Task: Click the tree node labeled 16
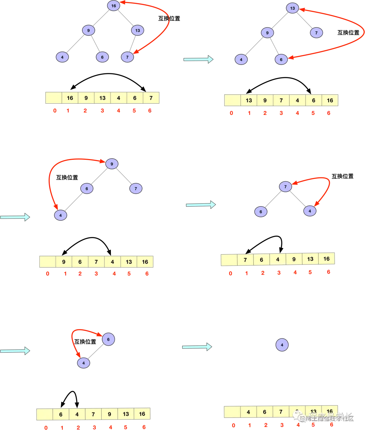114,6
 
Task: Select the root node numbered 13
292,8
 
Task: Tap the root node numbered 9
112,164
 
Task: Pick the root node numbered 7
286,186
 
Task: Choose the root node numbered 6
108,339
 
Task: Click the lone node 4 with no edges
282,345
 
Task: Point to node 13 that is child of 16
138,30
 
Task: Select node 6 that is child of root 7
261,212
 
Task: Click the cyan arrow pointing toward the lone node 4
197,347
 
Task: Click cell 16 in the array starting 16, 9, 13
70,98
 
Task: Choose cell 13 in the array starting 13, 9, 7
249,100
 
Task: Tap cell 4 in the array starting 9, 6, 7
113,262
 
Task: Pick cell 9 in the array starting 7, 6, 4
294,259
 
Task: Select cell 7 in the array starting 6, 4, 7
93,414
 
